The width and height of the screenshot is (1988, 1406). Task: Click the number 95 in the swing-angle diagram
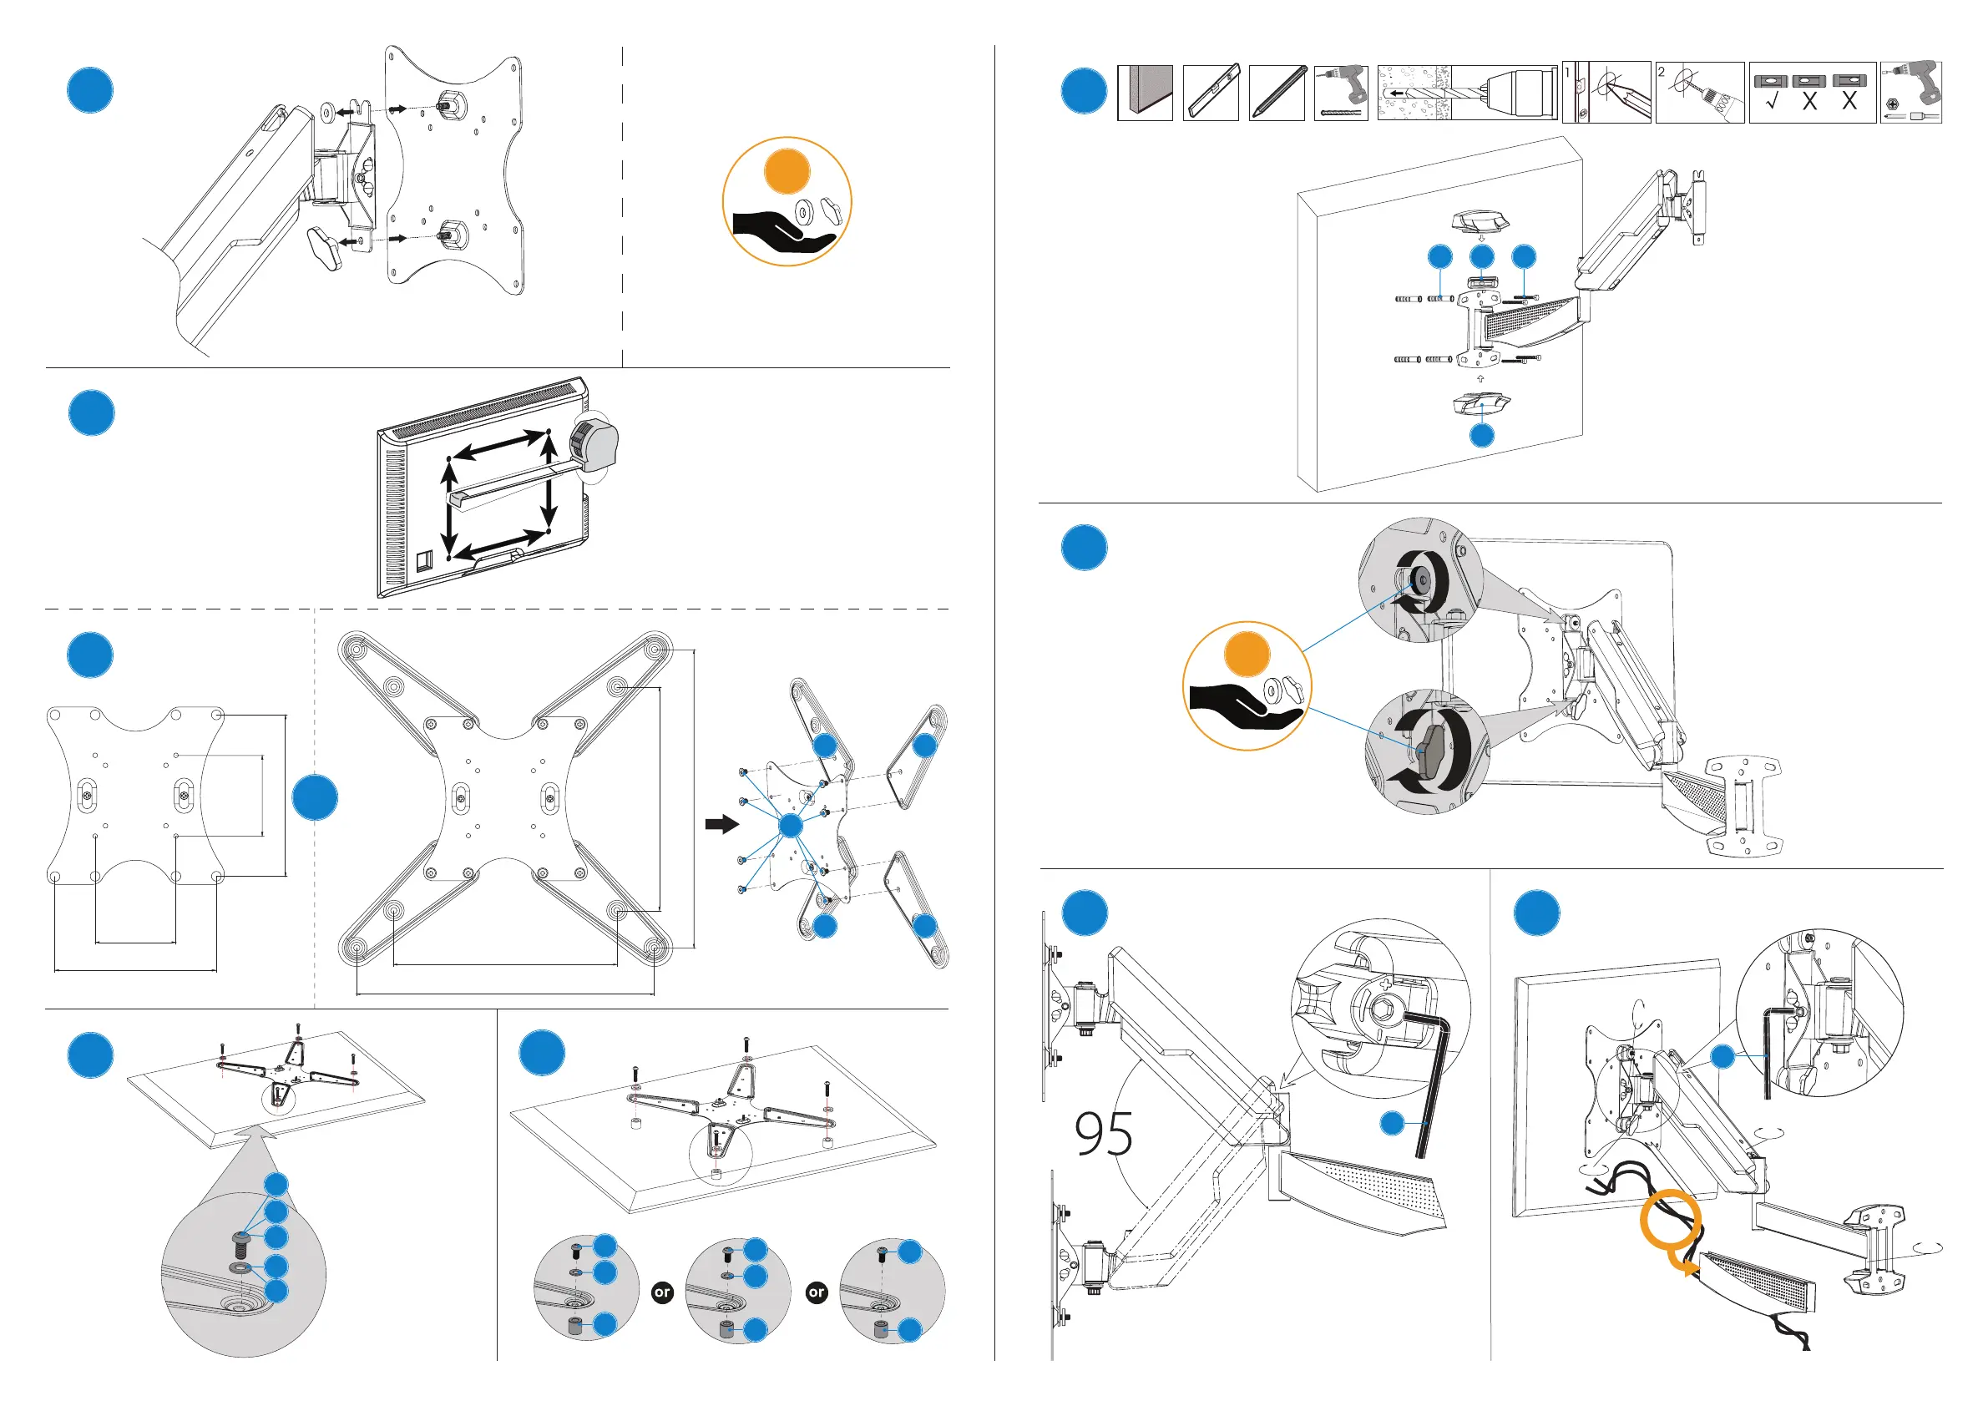1103,1134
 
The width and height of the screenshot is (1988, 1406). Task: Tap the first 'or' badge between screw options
662,1292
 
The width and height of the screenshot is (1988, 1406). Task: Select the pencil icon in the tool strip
1277,92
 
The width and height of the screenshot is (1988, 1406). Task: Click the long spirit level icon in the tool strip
1211,92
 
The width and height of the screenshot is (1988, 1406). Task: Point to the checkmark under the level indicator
1772,102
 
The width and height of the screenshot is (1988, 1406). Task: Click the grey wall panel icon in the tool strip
1145,92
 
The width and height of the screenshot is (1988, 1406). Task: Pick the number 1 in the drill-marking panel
1568,73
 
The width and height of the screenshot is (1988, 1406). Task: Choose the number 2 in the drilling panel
1662,72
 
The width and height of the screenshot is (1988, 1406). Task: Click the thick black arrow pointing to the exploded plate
721,823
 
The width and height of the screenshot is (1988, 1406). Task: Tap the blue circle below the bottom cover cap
1482,435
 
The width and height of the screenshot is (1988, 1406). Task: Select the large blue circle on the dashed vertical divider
315,797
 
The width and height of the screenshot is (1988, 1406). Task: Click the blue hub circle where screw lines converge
791,825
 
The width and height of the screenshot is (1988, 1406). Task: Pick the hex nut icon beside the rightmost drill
1892,104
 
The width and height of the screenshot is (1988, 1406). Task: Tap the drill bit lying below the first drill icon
1341,113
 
